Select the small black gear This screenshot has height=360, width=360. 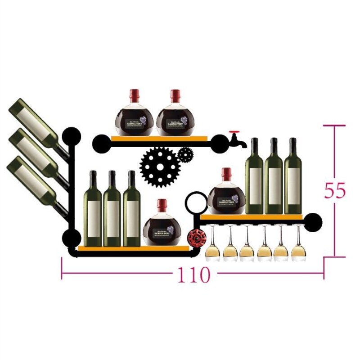tap(185, 154)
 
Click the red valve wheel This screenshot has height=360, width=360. tap(195, 236)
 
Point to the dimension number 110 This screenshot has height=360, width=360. tap(193, 274)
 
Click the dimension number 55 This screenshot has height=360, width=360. tap(335, 191)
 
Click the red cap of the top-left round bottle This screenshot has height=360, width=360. tap(134, 95)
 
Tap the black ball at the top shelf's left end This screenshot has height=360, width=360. tap(99, 143)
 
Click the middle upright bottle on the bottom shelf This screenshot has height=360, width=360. tap(112, 209)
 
